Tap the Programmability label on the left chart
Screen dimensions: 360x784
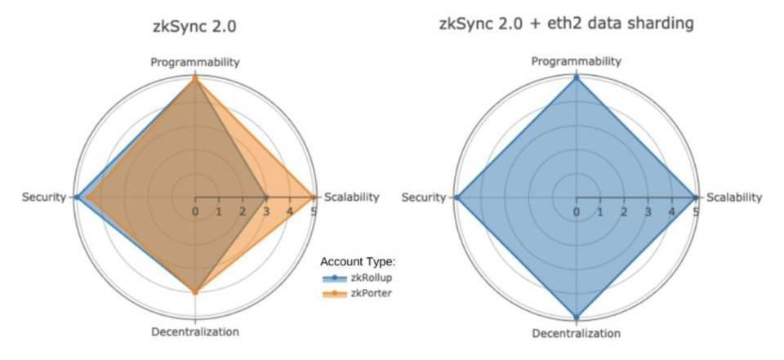(194, 62)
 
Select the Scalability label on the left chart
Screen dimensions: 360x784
(351, 197)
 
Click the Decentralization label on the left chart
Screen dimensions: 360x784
(195, 331)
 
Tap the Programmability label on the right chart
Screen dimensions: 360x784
(577, 61)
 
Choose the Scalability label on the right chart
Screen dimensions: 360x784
(733, 197)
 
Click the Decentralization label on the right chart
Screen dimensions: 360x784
(577, 333)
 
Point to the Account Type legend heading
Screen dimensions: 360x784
(358, 262)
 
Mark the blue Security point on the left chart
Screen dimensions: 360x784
(76, 197)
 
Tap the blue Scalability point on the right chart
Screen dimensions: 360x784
(696, 197)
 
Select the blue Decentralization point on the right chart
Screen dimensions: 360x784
(577, 317)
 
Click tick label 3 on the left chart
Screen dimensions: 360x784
(266, 211)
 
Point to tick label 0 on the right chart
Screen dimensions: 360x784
(577, 211)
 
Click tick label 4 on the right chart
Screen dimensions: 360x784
(672, 211)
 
